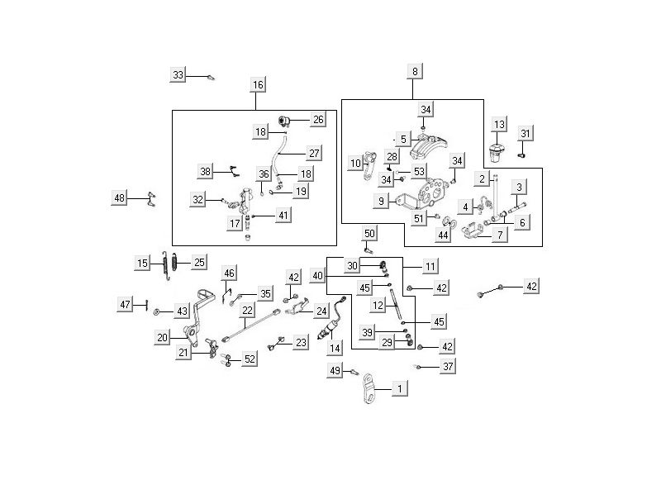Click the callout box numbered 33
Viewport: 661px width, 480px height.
click(x=178, y=75)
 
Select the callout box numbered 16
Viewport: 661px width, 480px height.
click(x=258, y=85)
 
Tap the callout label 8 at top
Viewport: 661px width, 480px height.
click(x=415, y=73)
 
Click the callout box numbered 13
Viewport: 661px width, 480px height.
click(x=498, y=124)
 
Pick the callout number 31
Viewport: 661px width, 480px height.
click(x=526, y=134)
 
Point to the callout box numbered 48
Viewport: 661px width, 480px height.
click(x=121, y=197)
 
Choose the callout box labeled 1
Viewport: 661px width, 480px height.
click(x=401, y=387)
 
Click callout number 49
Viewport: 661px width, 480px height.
click(x=335, y=372)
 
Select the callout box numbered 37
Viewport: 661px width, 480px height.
click(x=447, y=366)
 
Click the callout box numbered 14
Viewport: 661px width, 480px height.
click(x=335, y=349)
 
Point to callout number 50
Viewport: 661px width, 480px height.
click(x=369, y=234)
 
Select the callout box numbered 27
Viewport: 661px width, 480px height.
click(x=314, y=153)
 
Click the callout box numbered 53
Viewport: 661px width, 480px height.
click(x=420, y=171)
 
